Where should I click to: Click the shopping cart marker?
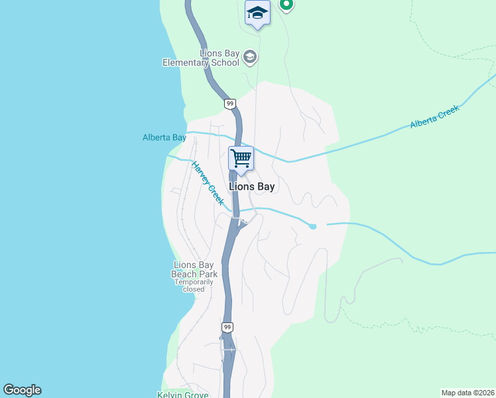(x=241, y=159)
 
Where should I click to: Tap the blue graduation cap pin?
(x=257, y=13)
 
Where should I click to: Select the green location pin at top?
(x=286, y=4)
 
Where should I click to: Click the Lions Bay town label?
(x=251, y=187)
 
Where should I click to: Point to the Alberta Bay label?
(x=164, y=138)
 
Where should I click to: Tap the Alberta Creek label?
(x=434, y=118)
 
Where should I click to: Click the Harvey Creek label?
(x=208, y=184)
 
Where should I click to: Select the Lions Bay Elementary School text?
(x=201, y=58)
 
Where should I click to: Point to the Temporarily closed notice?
(x=194, y=285)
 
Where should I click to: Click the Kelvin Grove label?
(x=184, y=394)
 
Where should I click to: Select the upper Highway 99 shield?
(x=229, y=103)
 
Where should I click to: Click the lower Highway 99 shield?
(x=227, y=328)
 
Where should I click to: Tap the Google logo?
(x=22, y=390)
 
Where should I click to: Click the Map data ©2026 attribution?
(x=467, y=393)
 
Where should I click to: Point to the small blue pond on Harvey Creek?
(x=312, y=227)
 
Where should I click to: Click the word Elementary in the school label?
(x=185, y=63)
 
